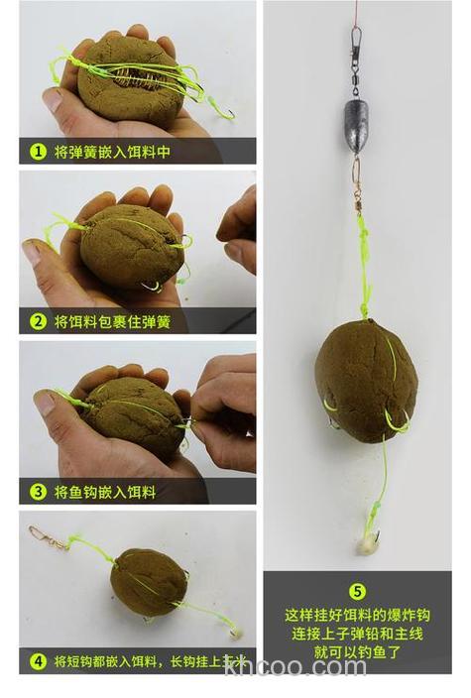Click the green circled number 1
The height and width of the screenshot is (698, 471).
[38, 153]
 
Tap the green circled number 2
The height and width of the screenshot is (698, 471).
[38, 321]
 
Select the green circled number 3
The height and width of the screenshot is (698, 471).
[38, 491]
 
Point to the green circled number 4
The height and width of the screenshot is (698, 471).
[38, 660]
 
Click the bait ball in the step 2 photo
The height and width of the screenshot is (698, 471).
[131, 245]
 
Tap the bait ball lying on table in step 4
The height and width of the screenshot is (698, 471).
[148, 582]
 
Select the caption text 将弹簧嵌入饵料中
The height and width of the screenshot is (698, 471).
[112, 153]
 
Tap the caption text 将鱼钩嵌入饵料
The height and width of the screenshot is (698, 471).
[105, 491]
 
